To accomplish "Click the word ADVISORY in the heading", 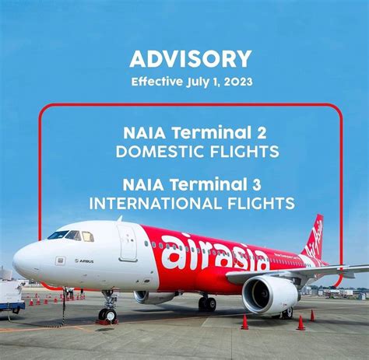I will pos(191,58).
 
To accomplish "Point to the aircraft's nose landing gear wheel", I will pos(107,313).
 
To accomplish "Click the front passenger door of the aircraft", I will pos(128,243).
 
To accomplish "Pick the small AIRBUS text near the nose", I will pos(84,261).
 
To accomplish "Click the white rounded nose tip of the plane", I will pos(17,261).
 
